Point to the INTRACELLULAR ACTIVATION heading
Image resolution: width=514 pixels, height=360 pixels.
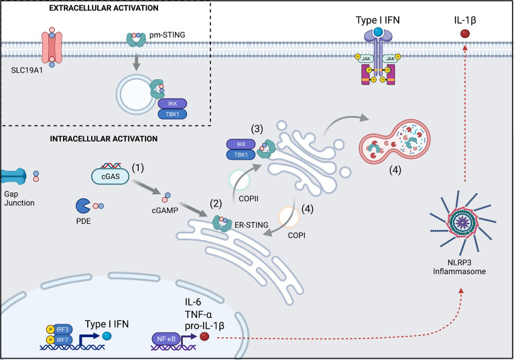(x=103, y=139)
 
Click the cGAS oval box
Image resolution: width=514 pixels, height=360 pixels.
(x=109, y=175)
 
